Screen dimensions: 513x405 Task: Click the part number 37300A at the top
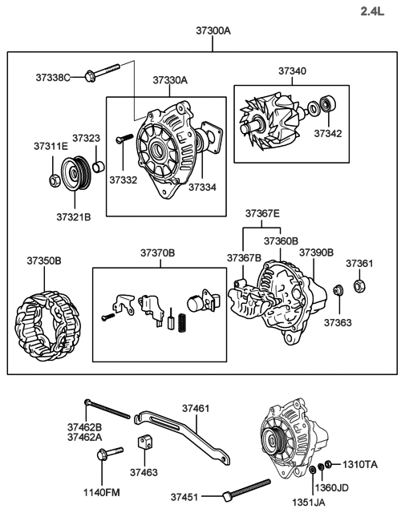pos(213,31)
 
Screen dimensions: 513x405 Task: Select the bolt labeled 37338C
pos(99,74)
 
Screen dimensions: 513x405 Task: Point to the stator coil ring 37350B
pos(47,325)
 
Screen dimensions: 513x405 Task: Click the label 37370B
pos(157,252)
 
